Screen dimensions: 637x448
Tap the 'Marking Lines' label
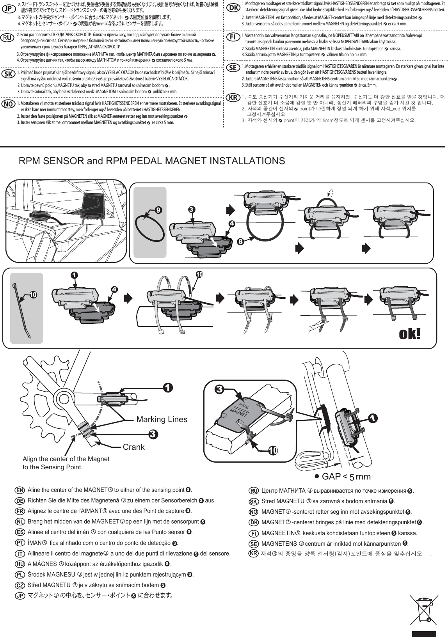(x=162, y=419)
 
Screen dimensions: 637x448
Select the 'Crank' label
(x=133, y=447)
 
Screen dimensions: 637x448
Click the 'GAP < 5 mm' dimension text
(x=342, y=476)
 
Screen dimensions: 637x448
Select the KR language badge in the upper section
(x=233, y=97)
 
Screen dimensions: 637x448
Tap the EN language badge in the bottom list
(x=20, y=490)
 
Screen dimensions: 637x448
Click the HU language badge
(x=20, y=564)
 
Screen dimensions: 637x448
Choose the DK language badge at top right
(x=233, y=8)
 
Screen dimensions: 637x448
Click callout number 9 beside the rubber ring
(x=158, y=210)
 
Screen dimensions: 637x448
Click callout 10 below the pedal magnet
(x=273, y=450)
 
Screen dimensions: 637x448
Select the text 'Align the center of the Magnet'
(x=66, y=459)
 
